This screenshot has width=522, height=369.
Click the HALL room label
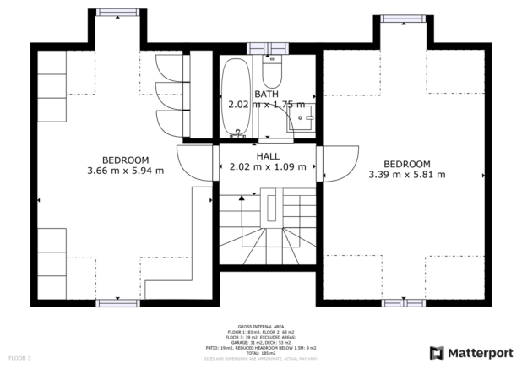click(268, 156)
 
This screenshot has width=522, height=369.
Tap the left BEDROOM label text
click(125, 160)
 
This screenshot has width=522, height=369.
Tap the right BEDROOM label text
click(406, 164)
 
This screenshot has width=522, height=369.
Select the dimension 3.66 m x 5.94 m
click(125, 171)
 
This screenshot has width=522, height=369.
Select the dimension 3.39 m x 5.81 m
click(406, 175)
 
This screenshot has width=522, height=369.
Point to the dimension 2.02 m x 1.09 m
click(268, 167)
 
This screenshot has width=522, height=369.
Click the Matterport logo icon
click(437, 352)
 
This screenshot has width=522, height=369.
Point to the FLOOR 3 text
click(19, 358)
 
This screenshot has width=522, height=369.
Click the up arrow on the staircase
click(242, 197)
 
